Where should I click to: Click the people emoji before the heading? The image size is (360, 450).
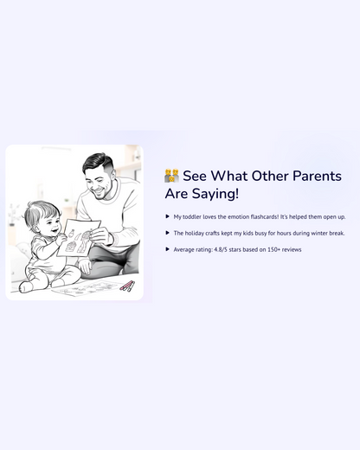[171, 176]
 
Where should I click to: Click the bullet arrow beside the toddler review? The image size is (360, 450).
[167, 216]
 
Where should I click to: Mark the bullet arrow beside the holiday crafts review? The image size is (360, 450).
[167, 233]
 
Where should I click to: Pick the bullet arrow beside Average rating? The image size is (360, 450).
[167, 249]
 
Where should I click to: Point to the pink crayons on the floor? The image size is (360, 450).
[126, 286]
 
